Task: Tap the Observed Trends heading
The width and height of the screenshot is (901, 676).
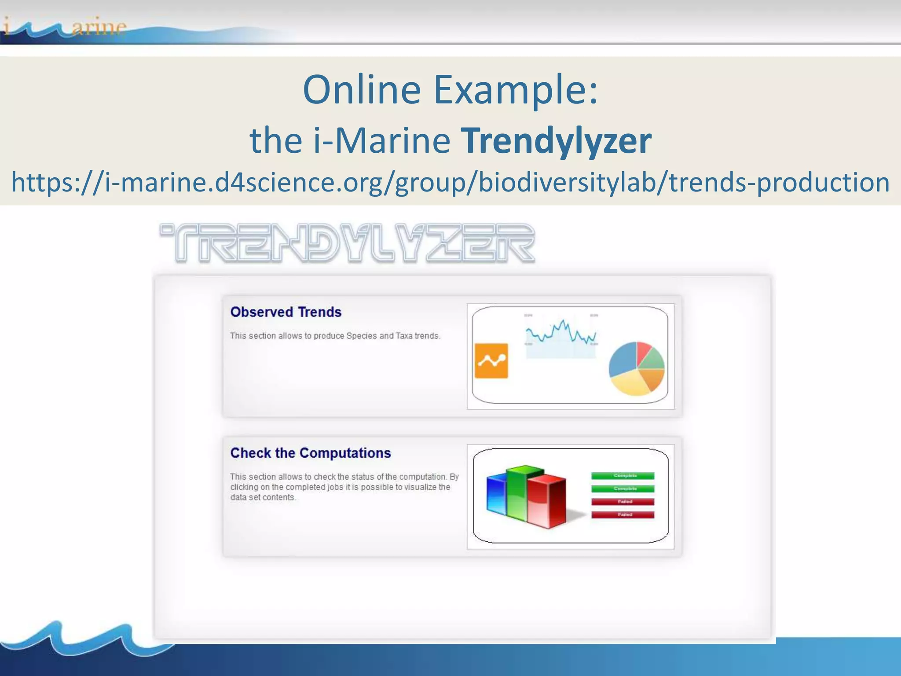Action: [x=286, y=312]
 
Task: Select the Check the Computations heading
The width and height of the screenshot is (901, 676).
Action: [x=311, y=453]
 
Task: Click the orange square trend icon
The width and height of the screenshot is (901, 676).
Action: [x=491, y=361]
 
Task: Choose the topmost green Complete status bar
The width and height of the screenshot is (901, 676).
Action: [x=623, y=476]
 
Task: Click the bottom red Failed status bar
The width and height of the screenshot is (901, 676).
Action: [x=623, y=514]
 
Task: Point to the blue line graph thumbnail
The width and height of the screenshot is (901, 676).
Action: [x=561, y=334]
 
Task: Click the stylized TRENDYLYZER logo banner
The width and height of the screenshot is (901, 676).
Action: [x=348, y=243]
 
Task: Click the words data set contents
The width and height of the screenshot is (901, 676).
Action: [x=263, y=498]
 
